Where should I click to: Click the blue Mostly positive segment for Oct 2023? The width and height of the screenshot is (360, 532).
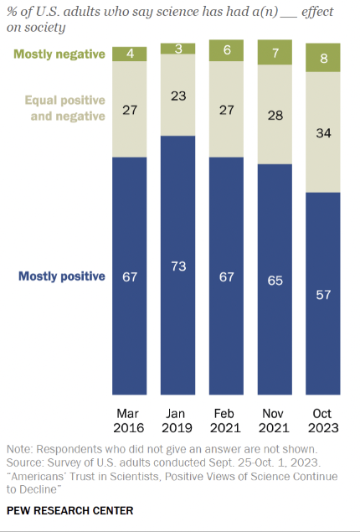tap(323, 293)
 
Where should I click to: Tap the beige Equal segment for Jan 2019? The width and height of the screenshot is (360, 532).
tap(177, 95)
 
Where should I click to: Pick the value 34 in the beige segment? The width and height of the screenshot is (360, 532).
tap(323, 132)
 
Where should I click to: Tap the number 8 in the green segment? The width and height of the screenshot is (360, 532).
tap(323, 59)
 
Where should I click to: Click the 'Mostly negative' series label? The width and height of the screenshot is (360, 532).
tap(59, 55)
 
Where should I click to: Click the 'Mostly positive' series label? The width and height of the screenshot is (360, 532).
tap(63, 276)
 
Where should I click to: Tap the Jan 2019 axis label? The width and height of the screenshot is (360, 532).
tap(177, 420)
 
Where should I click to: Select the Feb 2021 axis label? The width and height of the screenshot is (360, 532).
tap(226, 420)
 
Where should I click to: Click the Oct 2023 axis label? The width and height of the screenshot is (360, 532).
tap(323, 420)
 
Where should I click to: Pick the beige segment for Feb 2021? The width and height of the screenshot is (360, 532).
tap(226, 109)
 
